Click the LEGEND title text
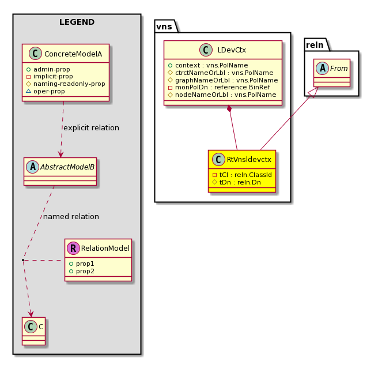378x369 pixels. pos(77,22)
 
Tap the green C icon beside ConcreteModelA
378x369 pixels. pos(35,54)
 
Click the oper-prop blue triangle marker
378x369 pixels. pos(28,91)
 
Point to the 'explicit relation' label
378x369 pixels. pos(91,127)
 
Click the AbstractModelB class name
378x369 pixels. pos(67,167)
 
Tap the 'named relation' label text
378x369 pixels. pos(71,216)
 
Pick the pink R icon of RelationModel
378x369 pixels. pos(74,248)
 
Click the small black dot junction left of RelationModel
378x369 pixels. pos(23,260)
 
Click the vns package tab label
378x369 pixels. pos(164,27)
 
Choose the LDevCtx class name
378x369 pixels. pos(232,50)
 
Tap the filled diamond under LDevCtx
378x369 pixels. pos(229,109)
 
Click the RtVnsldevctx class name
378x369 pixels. pos(249,159)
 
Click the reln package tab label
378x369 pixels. pos(315,45)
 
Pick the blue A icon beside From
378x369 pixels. pos(322,68)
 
